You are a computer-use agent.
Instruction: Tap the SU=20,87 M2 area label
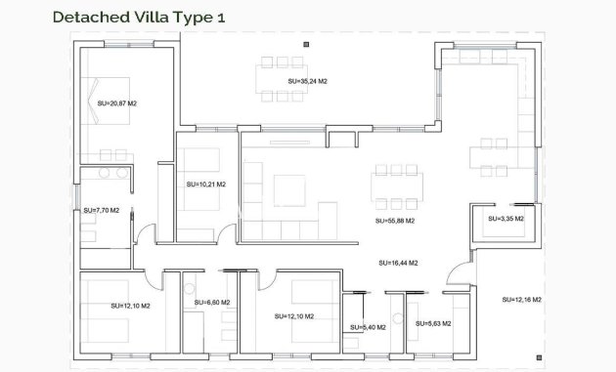(x=116, y=102)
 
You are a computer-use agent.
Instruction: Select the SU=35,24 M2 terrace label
(x=307, y=82)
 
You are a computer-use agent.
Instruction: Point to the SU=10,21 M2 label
(x=205, y=184)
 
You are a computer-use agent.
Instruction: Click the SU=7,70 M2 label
(x=101, y=210)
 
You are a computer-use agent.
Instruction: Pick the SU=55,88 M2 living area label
(x=395, y=221)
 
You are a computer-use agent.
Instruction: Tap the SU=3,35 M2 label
(x=505, y=219)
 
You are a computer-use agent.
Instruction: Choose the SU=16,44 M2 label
(x=398, y=263)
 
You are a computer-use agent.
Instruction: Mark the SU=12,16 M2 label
(x=522, y=299)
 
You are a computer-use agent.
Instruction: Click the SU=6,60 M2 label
(x=211, y=303)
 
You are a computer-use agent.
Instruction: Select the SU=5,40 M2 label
(x=368, y=327)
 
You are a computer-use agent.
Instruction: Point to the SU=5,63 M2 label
(x=434, y=323)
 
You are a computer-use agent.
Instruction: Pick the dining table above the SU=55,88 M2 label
(x=395, y=185)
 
